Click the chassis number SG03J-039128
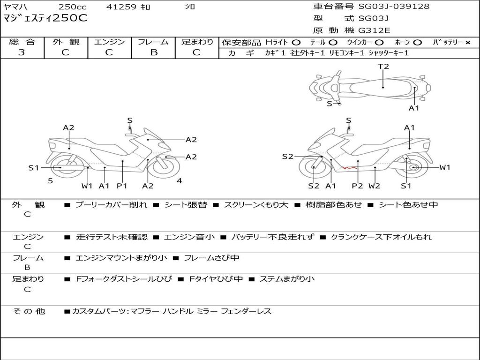(394, 6)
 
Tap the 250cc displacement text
(73, 7)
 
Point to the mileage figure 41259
(121, 7)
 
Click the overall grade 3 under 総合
(22, 52)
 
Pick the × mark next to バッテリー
(468, 43)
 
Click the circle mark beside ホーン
(418, 43)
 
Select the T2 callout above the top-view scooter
(383, 66)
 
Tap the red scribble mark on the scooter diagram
(349, 167)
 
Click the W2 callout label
(374, 186)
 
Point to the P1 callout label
(122, 186)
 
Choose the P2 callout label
(357, 186)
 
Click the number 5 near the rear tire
(51, 181)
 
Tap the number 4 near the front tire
(180, 180)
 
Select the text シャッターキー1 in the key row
(389, 53)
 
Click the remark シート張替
(186, 205)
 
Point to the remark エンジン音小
(189, 237)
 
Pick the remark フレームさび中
(211, 258)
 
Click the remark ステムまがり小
(287, 279)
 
